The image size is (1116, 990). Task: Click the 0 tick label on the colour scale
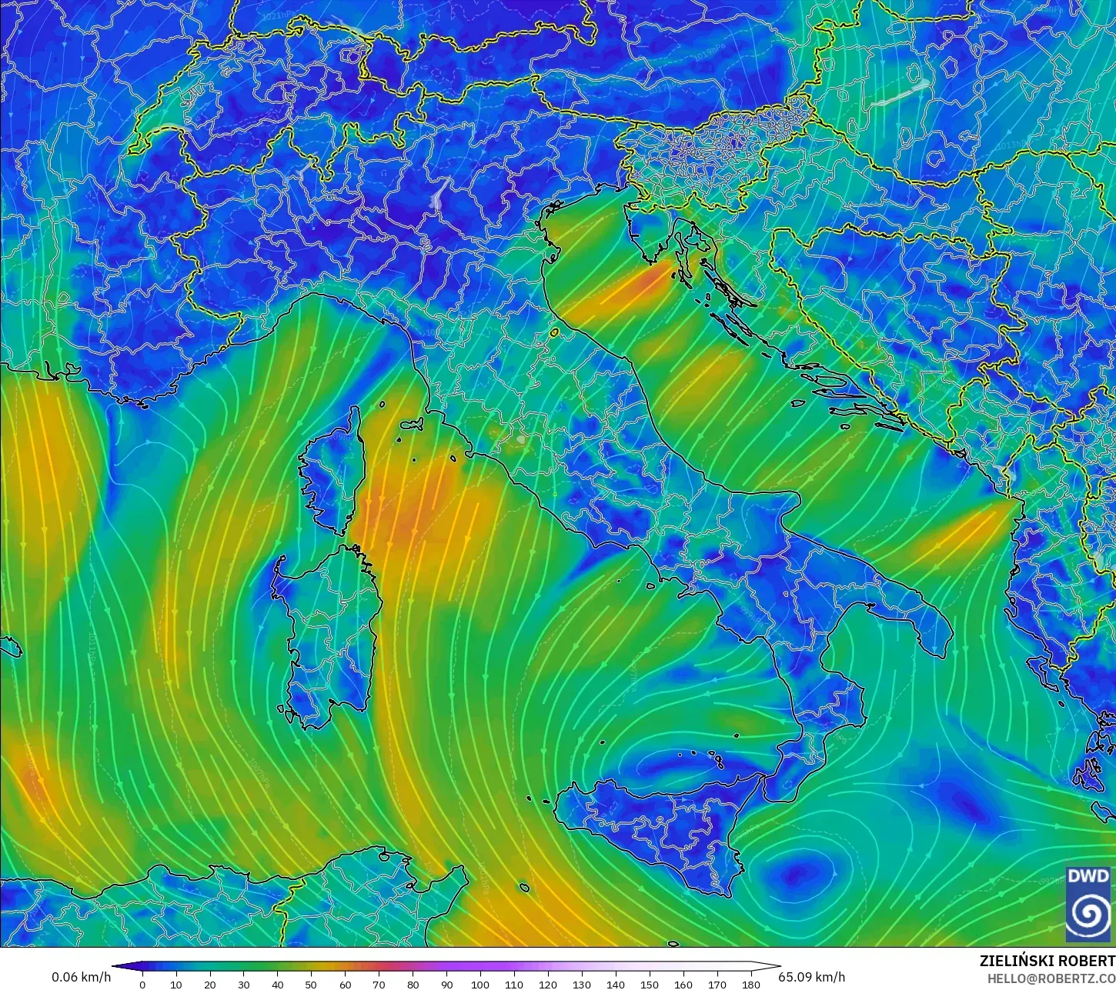pos(142,984)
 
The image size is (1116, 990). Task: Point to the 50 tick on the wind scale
pos(311,984)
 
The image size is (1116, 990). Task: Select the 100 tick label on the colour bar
pos(479,984)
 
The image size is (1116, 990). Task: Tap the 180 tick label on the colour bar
pos(750,984)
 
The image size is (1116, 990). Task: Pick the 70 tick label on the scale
pos(379,984)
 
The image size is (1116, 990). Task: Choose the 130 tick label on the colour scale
pos(581,984)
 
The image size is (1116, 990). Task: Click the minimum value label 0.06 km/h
pos(81,977)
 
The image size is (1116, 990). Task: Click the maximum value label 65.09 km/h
pos(811,977)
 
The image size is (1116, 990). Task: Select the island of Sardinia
pos(331,631)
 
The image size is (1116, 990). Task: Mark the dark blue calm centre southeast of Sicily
pos(800,873)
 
